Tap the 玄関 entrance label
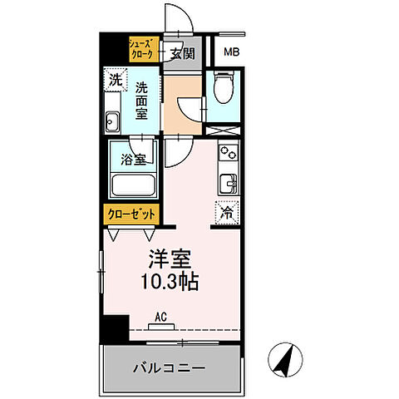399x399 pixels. (183, 54)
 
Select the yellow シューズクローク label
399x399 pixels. (140, 48)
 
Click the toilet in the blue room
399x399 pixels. (222, 85)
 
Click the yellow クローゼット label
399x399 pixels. (132, 214)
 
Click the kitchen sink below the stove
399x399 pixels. (226, 181)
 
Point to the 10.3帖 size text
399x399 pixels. (169, 283)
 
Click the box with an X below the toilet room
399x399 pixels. (222, 131)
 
